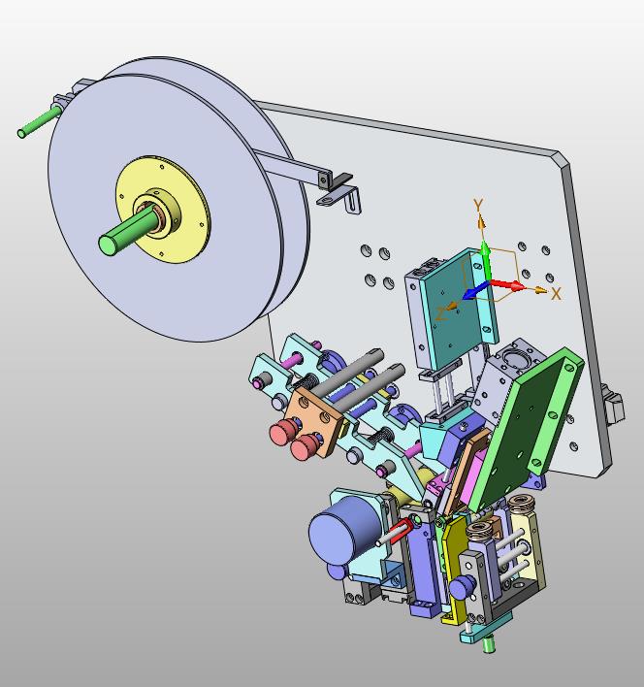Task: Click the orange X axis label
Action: pyautogui.click(x=556, y=294)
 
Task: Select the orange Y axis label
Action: pyautogui.click(x=478, y=205)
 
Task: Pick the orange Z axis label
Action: pyautogui.click(x=441, y=313)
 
